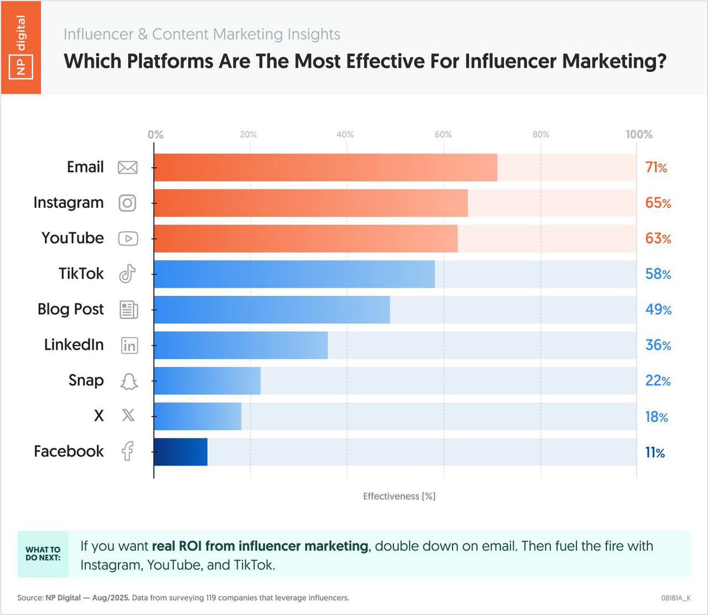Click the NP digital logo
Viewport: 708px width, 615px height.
coord(21,47)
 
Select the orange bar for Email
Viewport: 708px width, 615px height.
coord(325,167)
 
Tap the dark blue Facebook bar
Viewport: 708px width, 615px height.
coord(181,452)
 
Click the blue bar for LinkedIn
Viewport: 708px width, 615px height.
coord(241,345)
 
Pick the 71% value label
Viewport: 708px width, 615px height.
coord(656,168)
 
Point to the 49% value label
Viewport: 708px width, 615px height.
coord(658,310)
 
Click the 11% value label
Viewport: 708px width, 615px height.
coord(655,453)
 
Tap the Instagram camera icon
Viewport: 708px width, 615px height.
coord(127,203)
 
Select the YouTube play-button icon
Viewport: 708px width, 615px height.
coord(128,239)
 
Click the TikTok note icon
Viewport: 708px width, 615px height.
coord(127,274)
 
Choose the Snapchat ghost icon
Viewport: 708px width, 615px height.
coord(129,381)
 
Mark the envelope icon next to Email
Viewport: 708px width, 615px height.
coord(127,167)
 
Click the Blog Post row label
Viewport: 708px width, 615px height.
coord(70,309)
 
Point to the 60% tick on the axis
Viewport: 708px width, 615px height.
coord(443,135)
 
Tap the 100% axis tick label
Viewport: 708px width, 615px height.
coord(639,135)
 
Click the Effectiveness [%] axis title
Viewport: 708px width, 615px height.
coord(399,496)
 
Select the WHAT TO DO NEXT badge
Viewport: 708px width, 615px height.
coord(43,554)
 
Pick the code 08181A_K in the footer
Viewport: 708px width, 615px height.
coord(676,598)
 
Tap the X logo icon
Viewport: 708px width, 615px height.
coord(128,416)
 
